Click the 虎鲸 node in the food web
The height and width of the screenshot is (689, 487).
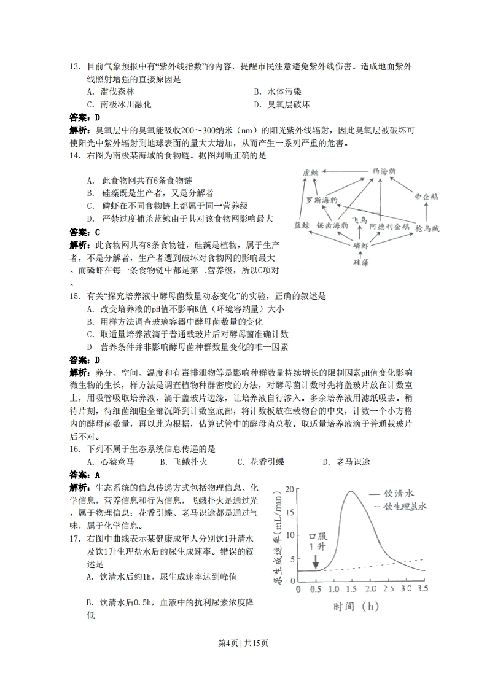(x=311, y=173)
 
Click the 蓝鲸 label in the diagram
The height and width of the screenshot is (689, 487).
(x=303, y=226)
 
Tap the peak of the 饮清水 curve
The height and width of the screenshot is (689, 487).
(x=351, y=491)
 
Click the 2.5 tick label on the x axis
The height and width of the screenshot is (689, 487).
(x=388, y=588)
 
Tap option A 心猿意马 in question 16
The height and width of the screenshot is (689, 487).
(x=111, y=462)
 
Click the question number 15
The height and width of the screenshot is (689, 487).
(x=76, y=296)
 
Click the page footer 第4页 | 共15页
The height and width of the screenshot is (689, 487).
(x=243, y=643)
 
